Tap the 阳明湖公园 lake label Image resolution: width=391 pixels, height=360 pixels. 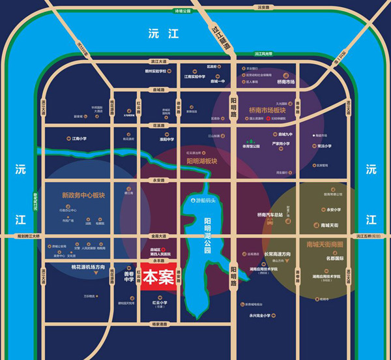point(208,235)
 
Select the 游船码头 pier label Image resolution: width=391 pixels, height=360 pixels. point(204,200)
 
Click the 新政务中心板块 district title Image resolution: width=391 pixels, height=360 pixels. point(83,195)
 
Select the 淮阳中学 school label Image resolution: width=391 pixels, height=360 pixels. point(167,139)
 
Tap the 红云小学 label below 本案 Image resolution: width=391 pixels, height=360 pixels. point(160,303)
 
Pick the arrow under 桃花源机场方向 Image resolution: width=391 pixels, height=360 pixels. point(96,275)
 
